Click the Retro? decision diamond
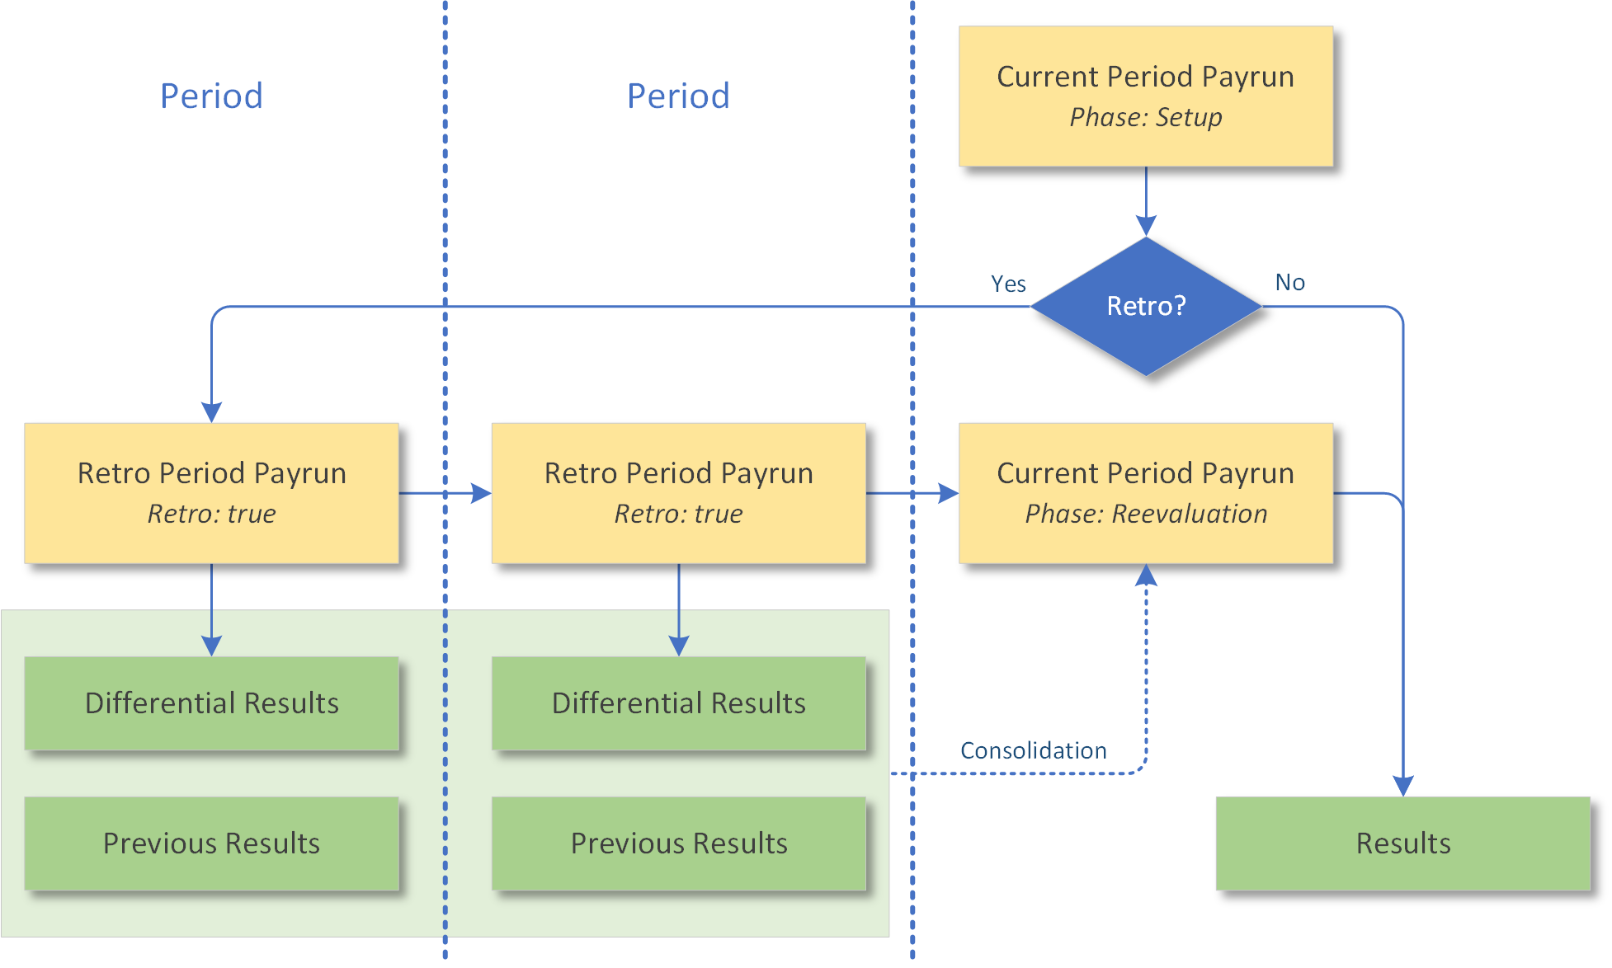coord(1145,307)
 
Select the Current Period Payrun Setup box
coord(1145,96)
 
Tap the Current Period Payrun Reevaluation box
coord(1145,493)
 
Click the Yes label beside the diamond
coord(1008,284)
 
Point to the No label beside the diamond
coord(1289,283)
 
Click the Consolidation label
coord(1033,750)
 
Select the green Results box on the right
coord(1402,843)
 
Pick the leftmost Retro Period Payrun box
coord(211,493)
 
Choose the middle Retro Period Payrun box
coord(678,493)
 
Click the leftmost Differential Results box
coord(211,703)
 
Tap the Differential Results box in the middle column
coord(678,703)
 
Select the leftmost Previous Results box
coord(211,843)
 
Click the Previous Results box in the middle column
coord(678,843)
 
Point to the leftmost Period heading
coord(211,96)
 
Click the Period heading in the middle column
coord(678,96)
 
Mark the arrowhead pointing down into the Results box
coord(1402,786)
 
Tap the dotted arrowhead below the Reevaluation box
coord(1145,575)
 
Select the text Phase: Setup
coord(1145,117)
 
